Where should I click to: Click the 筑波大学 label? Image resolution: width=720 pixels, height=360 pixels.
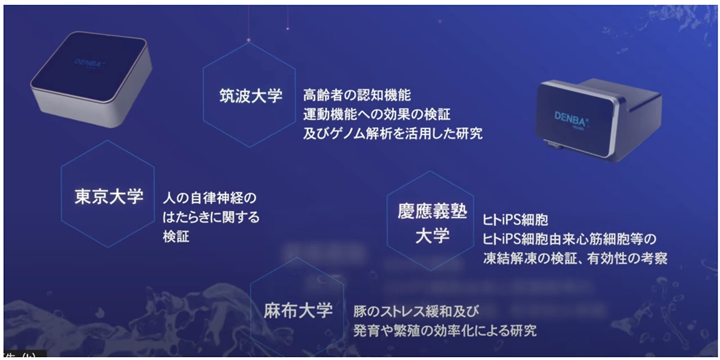click(250, 96)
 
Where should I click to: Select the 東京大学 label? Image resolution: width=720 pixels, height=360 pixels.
click(109, 196)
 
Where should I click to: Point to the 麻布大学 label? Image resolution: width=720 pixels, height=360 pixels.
click(298, 310)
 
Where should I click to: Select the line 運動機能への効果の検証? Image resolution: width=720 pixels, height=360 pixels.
click(377, 114)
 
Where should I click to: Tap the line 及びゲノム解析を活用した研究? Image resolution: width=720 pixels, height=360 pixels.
click(393, 134)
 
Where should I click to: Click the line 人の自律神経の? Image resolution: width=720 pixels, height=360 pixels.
click(209, 198)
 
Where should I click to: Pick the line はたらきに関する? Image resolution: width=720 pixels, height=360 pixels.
click(211, 217)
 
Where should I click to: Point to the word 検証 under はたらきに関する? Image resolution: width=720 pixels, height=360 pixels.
click(176, 237)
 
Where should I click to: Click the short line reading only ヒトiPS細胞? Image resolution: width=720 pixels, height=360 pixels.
click(515, 219)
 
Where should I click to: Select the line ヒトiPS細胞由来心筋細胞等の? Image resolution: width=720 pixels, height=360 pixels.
click(570, 239)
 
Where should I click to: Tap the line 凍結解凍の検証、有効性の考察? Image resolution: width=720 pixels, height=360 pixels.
click(575, 259)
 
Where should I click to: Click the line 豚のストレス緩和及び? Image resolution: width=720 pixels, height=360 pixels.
click(416, 310)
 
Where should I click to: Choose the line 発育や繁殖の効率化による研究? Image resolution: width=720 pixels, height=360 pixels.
click(444, 330)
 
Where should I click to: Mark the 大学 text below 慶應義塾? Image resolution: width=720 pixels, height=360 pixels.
click(433, 236)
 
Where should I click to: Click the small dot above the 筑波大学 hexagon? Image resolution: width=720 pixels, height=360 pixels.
click(249, 40)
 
